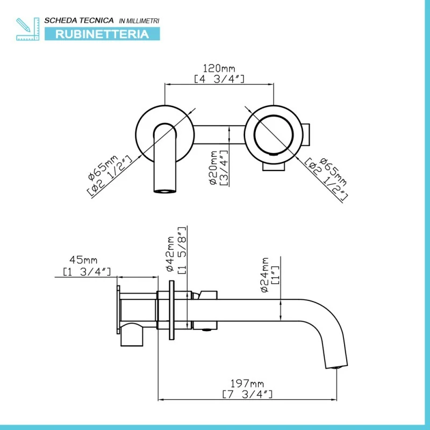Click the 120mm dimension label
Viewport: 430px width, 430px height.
coord(219,69)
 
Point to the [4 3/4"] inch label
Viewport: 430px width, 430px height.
coord(219,79)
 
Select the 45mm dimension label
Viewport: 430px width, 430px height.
coord(87,262)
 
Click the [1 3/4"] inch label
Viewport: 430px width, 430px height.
coord(87,272)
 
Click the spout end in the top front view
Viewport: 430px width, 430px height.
coord(165,189)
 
